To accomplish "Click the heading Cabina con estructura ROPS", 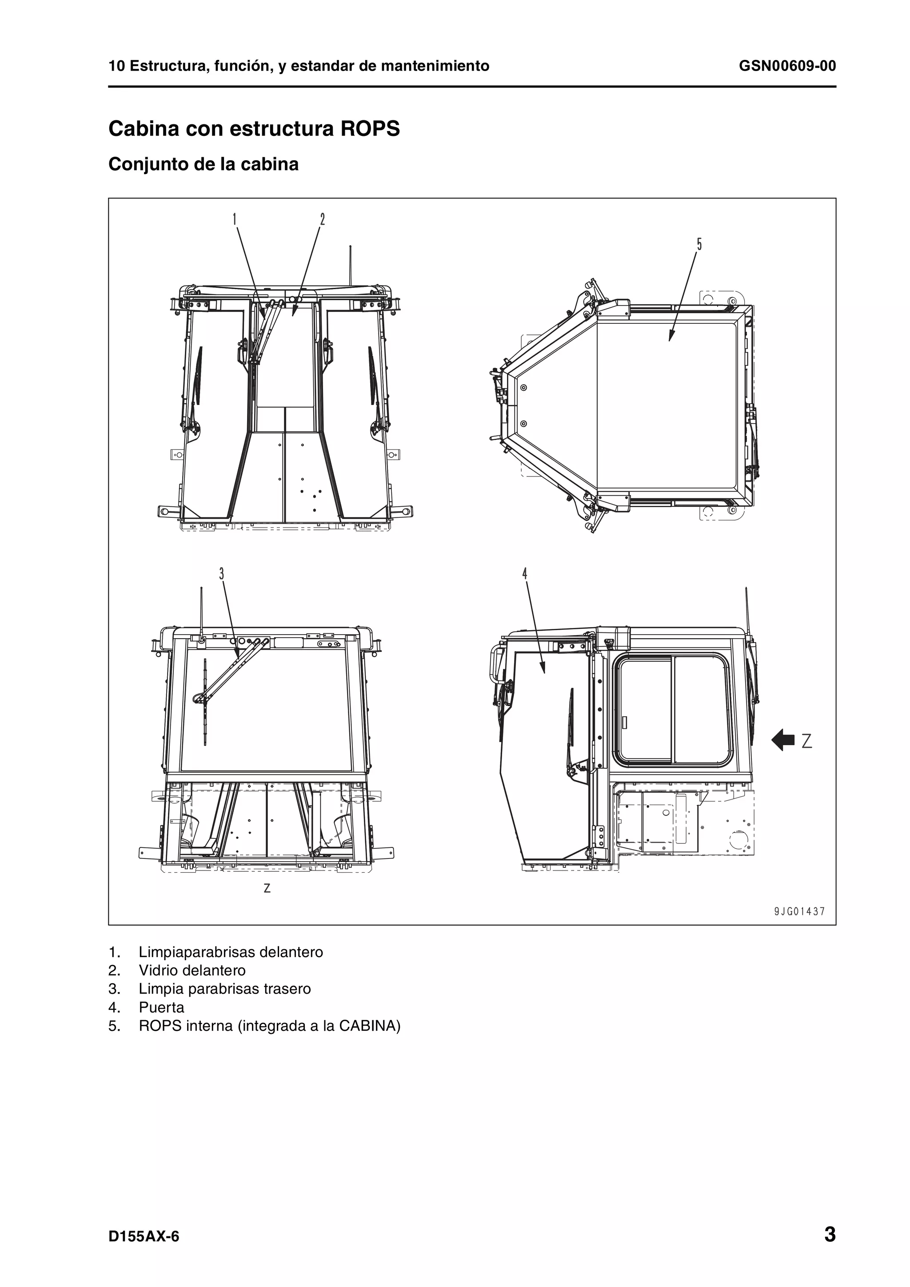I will [x=254, y=128].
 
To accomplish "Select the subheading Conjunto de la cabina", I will [x=203, y=164].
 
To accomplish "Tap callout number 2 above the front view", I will [x=323, y=219].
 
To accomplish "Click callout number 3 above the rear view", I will [x=221, y=573].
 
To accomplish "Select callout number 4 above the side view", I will [x=525, y=573].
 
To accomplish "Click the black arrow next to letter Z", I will [x=783, y=740].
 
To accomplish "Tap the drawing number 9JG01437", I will [x=799, y=911].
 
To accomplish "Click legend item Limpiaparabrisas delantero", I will [x=231, y=952].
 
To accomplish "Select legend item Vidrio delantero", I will [x=192, y=970].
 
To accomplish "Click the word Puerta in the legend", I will [x=161, y=1007].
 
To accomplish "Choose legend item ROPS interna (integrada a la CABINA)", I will [x=269, y=1026].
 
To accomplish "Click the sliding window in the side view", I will [x=673, y=711].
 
